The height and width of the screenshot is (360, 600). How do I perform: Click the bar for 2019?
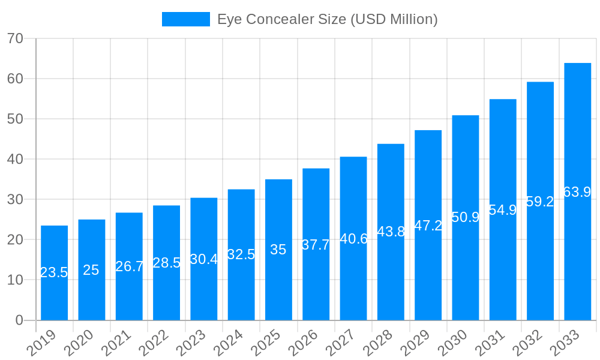coord(54,273)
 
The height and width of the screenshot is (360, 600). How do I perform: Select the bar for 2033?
coord(577,191)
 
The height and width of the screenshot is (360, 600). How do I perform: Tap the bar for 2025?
coord(278,250)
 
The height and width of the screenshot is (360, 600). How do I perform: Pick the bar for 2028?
coord(391,232)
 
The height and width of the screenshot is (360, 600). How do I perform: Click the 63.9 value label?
coord(577,192)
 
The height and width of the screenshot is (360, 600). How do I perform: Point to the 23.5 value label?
coord(54,272)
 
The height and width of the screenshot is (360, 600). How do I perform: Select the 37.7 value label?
coord(316,245)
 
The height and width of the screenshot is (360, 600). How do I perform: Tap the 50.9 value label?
coord(466,217)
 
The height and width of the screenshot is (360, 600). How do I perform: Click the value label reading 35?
coord(278,250)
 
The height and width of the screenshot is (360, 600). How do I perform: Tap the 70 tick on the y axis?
coord(15,38)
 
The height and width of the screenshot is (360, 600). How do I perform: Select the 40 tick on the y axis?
coord(15,159)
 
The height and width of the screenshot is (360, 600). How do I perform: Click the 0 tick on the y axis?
coord(19,320)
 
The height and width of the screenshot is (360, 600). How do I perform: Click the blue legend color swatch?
coord(186,19)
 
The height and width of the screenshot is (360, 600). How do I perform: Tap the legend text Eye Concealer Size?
coord(327,19)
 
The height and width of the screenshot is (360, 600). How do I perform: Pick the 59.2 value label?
coord(540,202)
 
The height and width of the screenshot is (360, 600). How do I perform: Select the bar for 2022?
coord(166,262)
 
